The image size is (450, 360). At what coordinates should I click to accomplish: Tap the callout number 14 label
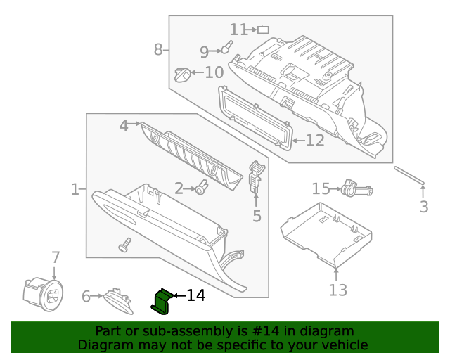pyautogui.click(x=195, y=295)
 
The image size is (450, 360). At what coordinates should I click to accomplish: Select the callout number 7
pyautogui.click(x=56, y=258)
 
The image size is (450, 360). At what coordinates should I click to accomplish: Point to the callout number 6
pyautogui.click(x=86, y=297)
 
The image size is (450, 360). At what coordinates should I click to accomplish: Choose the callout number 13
pyautogui.click(x=337, y=290)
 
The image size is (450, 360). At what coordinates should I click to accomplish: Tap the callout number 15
pyautogui.click(x=321, y=188)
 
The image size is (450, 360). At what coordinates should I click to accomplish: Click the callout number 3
pyautogui.click(x=424, y=207)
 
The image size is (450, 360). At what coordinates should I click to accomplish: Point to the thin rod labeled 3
pyautogui.click(x=409, y=176)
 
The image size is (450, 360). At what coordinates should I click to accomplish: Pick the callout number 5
pyautogui.click(x=257, y=216)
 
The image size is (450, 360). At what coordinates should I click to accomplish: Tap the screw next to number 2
pyautogui.click(x=202, y=187)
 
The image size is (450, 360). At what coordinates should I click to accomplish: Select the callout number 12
pyautogui.click(x=314, y=141)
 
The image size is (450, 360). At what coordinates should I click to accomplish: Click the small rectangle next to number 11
pyautogui.click(x=264, y=30)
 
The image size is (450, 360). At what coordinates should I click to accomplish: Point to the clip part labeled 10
pyautogui.click(x=182, y=72)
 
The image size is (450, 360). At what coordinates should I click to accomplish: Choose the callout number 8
pyautogui.click(x=158, y=49)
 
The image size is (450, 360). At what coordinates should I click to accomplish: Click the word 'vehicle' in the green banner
pyautogui.click(x=342, y=345)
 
